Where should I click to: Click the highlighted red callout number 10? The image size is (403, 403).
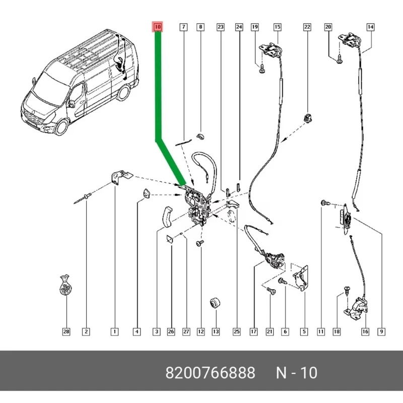click(x=157, y=27)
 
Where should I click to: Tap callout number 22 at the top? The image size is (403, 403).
click(x=307, y=27)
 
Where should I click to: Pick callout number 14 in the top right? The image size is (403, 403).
click(x=370, y=27)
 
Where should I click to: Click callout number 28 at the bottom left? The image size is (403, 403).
click(x=66, y=331)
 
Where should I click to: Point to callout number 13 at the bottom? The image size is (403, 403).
click(x=216, y=331)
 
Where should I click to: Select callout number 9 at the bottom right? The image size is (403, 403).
click(x=382, y=331)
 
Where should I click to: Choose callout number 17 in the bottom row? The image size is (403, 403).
click(x=253, y=331)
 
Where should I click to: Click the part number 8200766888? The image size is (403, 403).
click(x=211, y=373)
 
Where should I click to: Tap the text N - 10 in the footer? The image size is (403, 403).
click(x=297, y=373)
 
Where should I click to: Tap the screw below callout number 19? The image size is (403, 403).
click(x=262, y=72)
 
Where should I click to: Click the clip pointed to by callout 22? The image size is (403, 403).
click(x=307, y=118)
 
